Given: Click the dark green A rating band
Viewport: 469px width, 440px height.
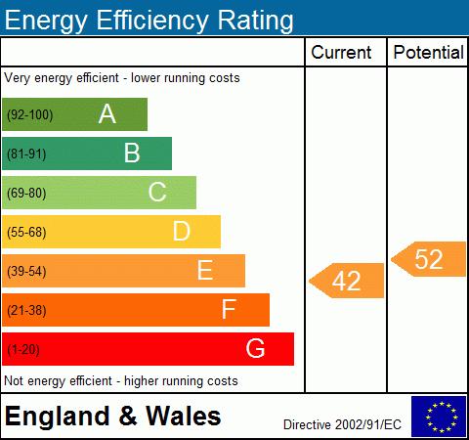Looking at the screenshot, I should (74, 114).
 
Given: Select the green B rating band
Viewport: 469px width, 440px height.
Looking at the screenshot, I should (87, 154).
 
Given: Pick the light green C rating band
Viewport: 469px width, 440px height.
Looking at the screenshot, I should (99, 193).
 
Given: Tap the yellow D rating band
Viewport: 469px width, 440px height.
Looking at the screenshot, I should (111, 232).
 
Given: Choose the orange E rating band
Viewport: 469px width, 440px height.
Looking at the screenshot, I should (123, 271).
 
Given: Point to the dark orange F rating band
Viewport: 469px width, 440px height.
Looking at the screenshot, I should (136, 310).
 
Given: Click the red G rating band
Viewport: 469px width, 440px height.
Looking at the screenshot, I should (148, 349).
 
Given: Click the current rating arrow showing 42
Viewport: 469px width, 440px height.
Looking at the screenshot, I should (347, 282).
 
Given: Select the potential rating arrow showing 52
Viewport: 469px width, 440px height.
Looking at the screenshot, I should (429, 259).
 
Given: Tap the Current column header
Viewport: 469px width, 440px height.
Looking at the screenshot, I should (341, 53).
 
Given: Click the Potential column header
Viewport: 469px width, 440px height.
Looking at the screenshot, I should (428, 53).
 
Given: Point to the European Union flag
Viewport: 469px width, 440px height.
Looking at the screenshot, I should (439, 417).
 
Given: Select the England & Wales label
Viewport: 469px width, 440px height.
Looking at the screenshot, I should (112, 418).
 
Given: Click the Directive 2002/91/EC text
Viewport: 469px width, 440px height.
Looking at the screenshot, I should (342, 424).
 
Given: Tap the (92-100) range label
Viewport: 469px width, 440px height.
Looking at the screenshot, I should (29, 115).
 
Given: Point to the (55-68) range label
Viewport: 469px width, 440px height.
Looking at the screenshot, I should (27, 233).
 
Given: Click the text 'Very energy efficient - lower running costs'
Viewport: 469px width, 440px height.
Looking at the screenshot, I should (122, 77).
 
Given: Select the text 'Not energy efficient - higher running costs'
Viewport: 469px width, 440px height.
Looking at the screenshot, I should (121, 380).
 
